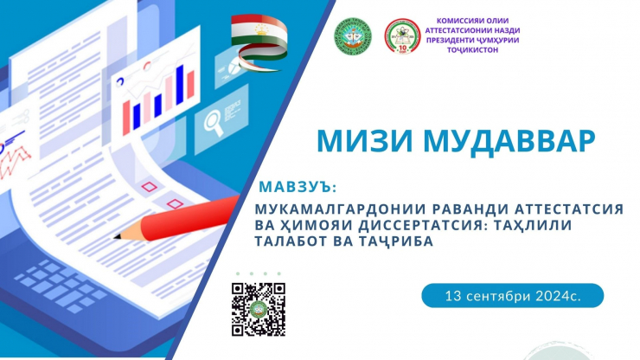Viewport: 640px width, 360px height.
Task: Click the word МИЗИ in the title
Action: coord(364,141)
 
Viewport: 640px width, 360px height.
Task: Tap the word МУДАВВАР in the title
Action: coord(509,141)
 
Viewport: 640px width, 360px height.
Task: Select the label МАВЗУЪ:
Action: coord(298,187)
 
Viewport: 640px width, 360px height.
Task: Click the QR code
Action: coord(259,309)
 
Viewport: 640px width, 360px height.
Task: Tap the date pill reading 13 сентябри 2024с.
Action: coord(512,295)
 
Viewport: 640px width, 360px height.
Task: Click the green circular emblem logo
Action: coord(353,36)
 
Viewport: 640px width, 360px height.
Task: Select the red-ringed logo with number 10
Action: coord(402,36)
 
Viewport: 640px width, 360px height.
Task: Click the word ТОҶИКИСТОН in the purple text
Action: coord(472,50)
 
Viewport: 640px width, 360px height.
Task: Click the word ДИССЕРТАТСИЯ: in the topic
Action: coord(426,225)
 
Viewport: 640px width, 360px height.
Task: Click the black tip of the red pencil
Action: coord(117,236)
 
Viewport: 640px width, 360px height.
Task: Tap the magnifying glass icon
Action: coord(214,122)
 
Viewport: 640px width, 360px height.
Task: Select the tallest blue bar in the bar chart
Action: coord(180,85)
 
